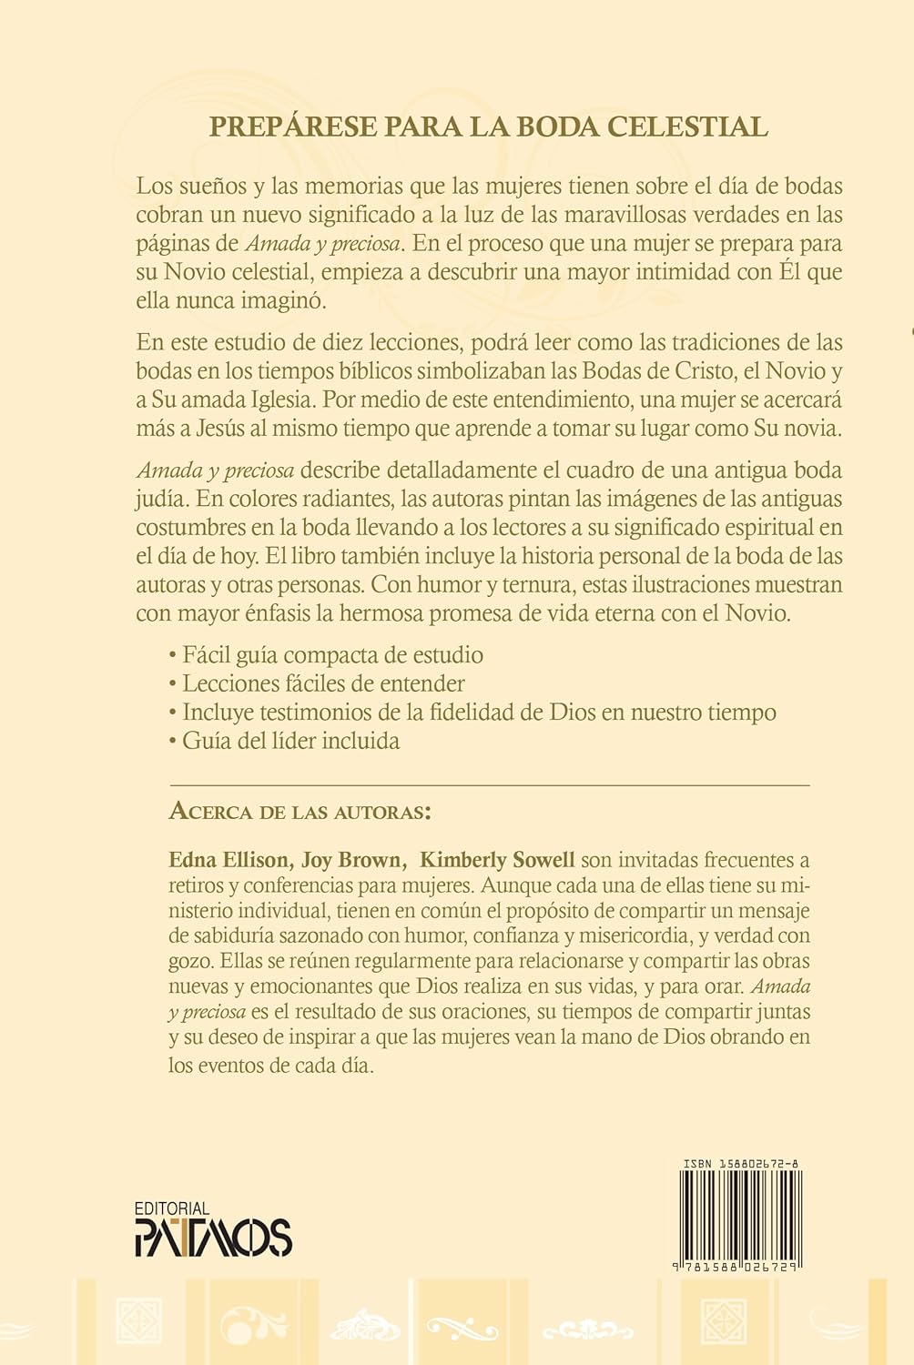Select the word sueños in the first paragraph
210,187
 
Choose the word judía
163,499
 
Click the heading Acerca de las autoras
299,811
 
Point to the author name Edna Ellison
229,860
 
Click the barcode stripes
740,1214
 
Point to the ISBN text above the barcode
740,1164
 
